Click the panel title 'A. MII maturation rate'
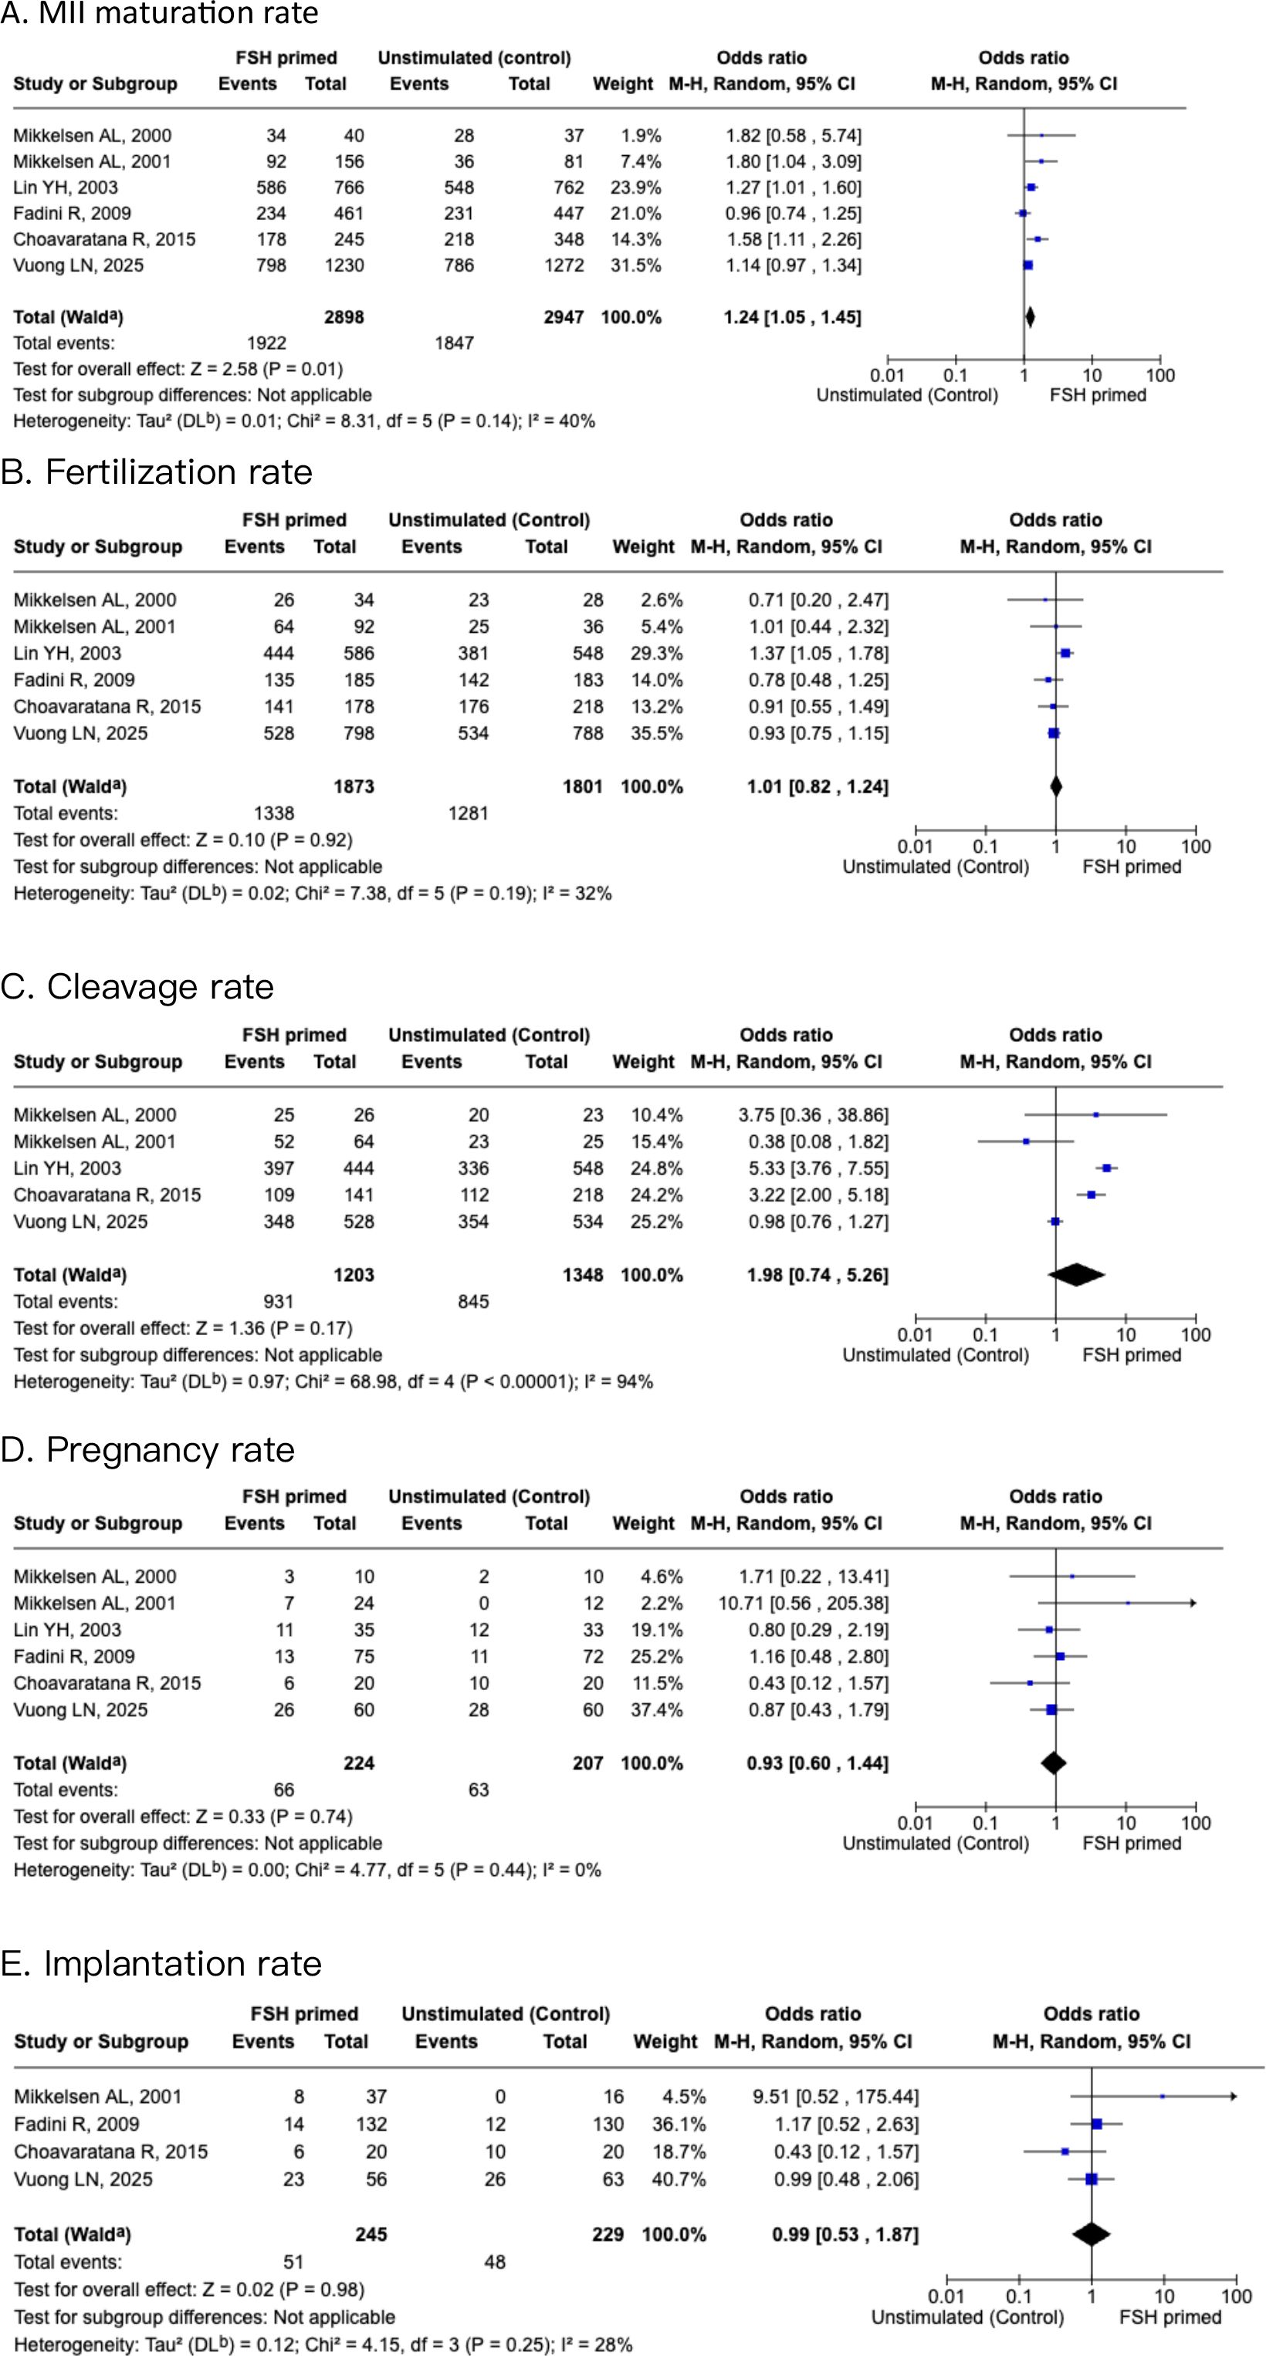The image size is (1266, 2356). pos(160,14)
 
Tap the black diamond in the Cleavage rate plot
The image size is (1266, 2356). pos(1077,1274)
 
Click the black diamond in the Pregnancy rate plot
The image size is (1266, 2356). pos(1054,1763)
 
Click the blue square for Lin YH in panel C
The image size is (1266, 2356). pos(1106,1168)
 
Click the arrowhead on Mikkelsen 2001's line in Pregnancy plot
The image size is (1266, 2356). pos(1192,1602)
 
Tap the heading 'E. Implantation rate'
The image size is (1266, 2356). pos(161,1964)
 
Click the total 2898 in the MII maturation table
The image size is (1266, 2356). pos(344,317)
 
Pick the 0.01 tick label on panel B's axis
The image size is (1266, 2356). pos(915,847)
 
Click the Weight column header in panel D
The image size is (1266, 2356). pos(642,1523)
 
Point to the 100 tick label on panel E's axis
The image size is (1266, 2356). pos(1236,2297)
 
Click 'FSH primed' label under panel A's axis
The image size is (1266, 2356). pos(1097,395)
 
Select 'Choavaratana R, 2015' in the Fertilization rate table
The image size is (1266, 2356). pos(107,706)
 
